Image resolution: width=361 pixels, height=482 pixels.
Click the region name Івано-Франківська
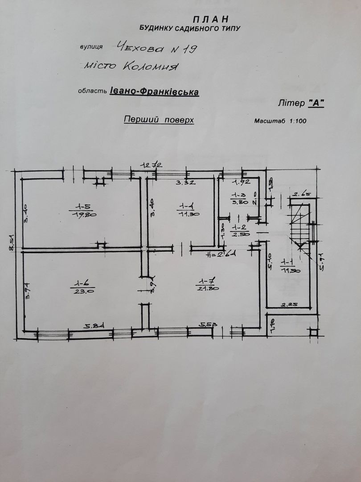pos(154,91)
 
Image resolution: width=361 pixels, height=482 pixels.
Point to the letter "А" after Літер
pos(316,103)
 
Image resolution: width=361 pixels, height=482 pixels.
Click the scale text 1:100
pos(297,121)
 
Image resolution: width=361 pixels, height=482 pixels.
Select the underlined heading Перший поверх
pos(159,120)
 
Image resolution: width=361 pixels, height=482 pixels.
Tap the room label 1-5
pos(83,207)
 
